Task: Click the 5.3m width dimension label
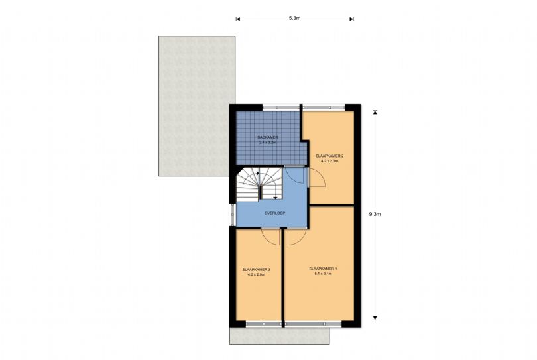point(294,19)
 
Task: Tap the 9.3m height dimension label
point(375,214)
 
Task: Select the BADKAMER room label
point(268,137)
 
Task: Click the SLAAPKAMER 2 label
point(329,156)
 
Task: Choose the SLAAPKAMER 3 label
point(256,270)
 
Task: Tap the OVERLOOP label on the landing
point(274,213)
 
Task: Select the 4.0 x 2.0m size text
point(256,274)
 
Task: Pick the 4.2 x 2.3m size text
point(329,161)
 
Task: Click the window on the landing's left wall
point(233,215)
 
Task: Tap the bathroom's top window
point(281,107)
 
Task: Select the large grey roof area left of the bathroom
point(197,106)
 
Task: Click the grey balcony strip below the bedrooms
point(280,335)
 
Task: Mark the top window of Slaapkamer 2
point(324,107)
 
